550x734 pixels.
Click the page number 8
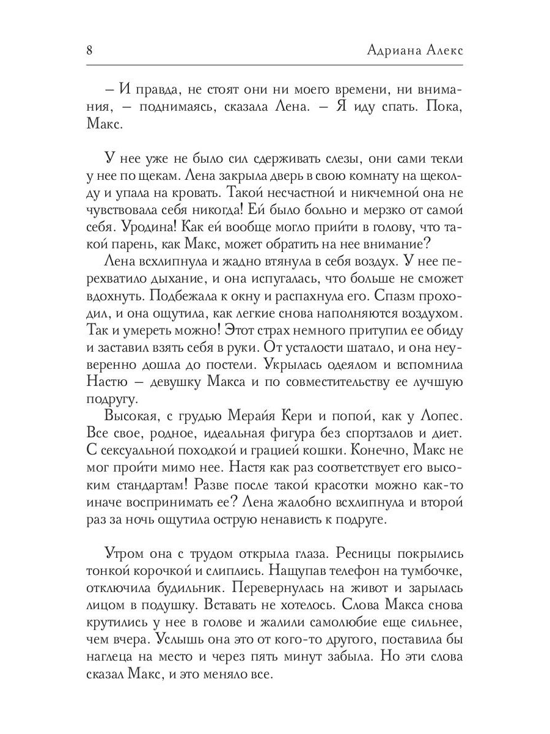pyautogui.click(x=89, y=50)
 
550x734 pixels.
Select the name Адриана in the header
pyautogui.click(x=389, y=50)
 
